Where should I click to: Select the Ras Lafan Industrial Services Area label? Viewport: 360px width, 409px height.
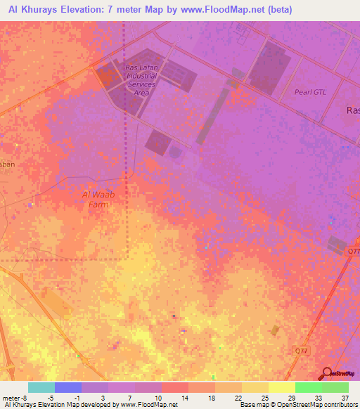(141, 80)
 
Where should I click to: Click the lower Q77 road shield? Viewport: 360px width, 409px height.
(301, 349)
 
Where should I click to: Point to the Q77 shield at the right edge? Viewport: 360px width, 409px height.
(353, 250)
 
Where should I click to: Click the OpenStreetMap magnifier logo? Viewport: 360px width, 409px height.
(328, 372)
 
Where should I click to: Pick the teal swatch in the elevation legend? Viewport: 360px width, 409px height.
(41, 387)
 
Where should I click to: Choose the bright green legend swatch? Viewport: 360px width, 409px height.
(308, 387)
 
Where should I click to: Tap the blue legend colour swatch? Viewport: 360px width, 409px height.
(67, 387)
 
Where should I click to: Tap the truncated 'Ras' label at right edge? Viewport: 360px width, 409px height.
(353, 110)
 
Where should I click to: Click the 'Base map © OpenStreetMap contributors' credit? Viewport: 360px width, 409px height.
(298, 405)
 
